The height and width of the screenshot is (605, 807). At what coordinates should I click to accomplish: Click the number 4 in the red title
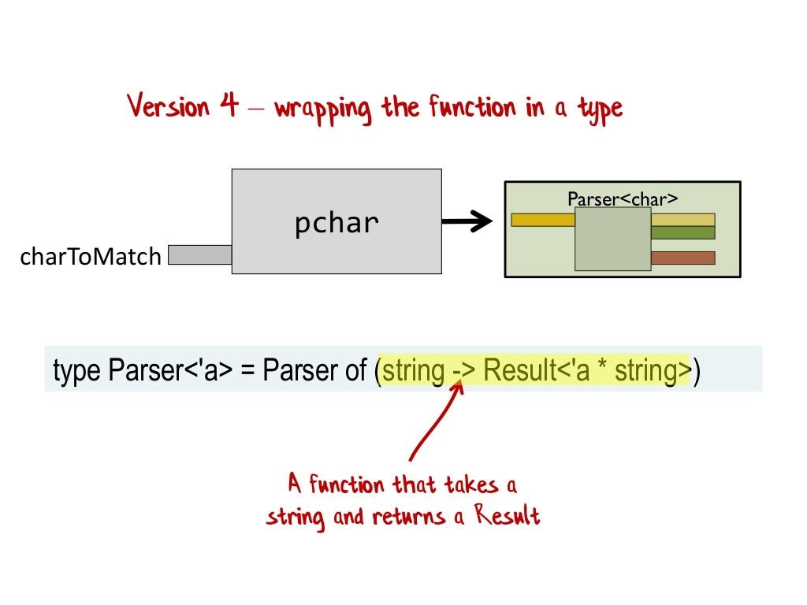(229, 106)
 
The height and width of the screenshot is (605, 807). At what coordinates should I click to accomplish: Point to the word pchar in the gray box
(337, 224)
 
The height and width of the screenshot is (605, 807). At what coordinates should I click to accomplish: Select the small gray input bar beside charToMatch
(200, 254)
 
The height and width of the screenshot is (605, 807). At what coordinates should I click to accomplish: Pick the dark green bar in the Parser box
(682, 232)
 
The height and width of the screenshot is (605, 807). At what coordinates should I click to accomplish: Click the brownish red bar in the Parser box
(682, 258)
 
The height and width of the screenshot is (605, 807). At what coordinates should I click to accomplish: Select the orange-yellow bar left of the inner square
(543, 220)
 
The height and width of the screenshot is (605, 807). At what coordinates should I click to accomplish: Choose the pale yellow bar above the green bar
(682, 220)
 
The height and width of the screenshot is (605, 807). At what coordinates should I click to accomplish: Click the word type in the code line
(77, 370)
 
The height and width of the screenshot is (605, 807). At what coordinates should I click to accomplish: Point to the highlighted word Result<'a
(529, 370)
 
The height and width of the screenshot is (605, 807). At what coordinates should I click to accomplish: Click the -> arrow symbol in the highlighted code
(463, 370)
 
